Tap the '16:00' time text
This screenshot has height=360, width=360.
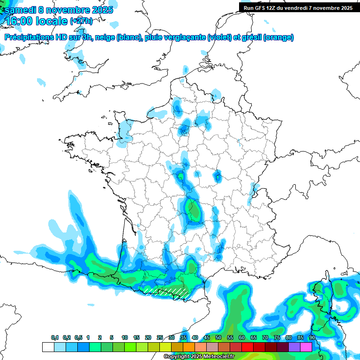pos(21,21)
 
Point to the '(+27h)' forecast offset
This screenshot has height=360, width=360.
pos(81,21)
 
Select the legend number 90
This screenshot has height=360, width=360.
pos(312,337)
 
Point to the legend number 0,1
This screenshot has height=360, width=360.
pos(55,337)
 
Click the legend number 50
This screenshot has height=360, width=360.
pos(218,337)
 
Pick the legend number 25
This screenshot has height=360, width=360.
pos(160,337)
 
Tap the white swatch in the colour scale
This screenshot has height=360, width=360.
pos(48,347)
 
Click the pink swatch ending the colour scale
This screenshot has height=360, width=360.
pos(306,347)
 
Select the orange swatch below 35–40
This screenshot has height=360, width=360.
pos(189,347)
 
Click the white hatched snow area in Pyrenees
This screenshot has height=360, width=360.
pos(166,292)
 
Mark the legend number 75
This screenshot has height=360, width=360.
pos(277,337)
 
